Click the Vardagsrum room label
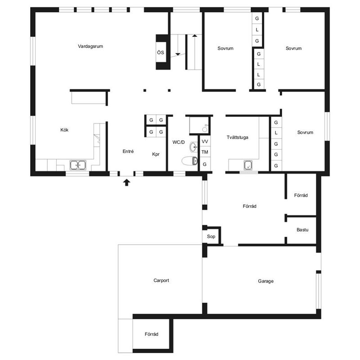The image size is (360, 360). pyautogui.click(x=90, y=46)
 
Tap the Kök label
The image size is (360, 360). pyautogui.click(x=64, y=130)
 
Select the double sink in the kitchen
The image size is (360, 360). pyautogui.click(x=78, y=165)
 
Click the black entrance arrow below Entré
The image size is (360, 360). pyautogui.click(x=126, y=183)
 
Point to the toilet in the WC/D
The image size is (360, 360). pyautogui.click(x=189, y=161)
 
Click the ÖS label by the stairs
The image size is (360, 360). pyautogui.click(x=161, y=52)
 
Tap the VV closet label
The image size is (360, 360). pyautogui.click(x=205, y=141)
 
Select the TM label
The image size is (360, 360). pyautogui.click(x=205, y=152)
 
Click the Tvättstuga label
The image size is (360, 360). pyautogui.click(x=238, y=138)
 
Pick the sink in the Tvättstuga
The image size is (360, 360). pyautogui.click(x=248, y=165)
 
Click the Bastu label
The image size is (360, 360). pyautogui.click(x=302, y=230)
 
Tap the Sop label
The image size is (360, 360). pyautogui.click(x=211, y=237)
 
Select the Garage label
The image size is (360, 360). pyautogui.click(x=265, y=281)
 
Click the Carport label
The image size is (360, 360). pyautogui.click(x=161, y=280)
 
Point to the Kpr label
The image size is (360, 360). pyautogui.click(x=156, y=154)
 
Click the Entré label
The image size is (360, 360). pyautogui.click(x=128, y=151)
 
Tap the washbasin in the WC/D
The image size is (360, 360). pyautogui.click(x=193, y=147)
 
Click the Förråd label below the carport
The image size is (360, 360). pyautogui.click(x=152, y=334)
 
